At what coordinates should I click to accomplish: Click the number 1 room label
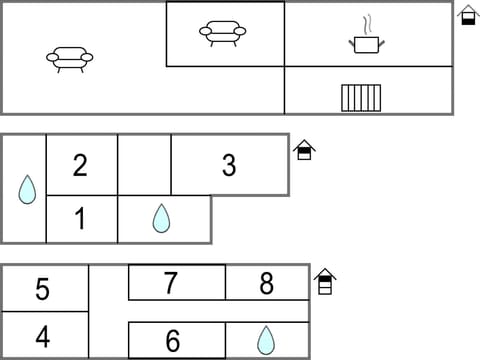pos(80,219)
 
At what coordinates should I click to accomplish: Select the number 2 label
pos(80,165)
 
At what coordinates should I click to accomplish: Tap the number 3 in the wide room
pos(229,166)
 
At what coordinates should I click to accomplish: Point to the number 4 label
pos(42,336)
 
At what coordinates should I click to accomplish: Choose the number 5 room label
pos(42,290)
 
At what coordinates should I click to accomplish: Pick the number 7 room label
pos(171,284)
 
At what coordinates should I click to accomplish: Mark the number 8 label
pos(266,284)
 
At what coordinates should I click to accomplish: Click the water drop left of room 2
pos(27,189)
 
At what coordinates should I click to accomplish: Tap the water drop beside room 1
pos(161,218)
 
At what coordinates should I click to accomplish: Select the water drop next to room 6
pos(265,340)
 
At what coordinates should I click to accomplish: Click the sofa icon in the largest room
pos(70,58)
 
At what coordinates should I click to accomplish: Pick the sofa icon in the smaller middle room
pos(223,33)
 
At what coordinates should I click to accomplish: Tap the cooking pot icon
pos(366,44)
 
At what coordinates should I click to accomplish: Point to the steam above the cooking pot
pos(368,23)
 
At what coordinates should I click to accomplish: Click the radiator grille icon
pos(361,97)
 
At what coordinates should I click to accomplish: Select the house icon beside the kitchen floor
pos(468,15)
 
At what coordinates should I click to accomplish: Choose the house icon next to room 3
pos(305,150)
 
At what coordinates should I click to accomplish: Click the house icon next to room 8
pos(324,281)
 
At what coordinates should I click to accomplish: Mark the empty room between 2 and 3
pos(144,165)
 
